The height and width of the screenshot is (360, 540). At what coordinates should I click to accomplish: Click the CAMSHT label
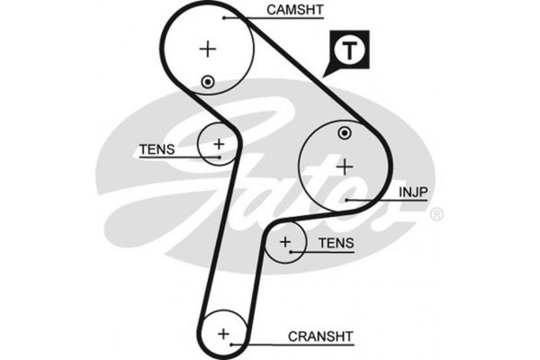pos(295,10)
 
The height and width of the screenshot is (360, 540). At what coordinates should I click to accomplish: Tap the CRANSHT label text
pos(320,337)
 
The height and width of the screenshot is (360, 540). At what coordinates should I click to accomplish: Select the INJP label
pos(413,193)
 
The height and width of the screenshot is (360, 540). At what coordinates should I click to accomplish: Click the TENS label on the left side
pos(157,149)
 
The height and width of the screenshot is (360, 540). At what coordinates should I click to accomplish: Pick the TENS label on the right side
pos(336,243)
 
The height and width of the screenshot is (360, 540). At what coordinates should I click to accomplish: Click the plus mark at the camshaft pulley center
pos(208,49)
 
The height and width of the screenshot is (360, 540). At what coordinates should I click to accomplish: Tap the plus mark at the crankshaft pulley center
pos(223,334)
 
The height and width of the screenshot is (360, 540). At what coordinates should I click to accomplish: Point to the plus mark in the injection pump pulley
pos(345,167)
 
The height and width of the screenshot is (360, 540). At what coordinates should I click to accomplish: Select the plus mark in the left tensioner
pos(219,144)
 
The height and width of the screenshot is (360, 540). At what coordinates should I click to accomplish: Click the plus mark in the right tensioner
pos(285,242)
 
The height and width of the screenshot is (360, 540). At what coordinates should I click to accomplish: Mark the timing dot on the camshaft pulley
pos(208,82)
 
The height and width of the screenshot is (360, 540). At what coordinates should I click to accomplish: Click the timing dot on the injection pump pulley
pos(345,133)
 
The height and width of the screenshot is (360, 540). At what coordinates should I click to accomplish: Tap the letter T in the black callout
pos(349,50)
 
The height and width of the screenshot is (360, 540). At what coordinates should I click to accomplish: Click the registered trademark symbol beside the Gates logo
pos(436,214)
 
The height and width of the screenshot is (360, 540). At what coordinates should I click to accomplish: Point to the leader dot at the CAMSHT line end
pos(224,18)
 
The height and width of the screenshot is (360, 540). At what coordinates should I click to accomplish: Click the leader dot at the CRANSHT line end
pos(232,344)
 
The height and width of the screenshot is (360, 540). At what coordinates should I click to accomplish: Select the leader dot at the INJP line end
pos(347,200)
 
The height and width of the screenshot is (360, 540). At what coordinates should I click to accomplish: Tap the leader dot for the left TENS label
pos(220,157)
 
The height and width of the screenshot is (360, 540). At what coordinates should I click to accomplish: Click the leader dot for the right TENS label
pos(291,252)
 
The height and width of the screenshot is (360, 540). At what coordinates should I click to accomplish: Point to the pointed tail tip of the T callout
pos(323,76)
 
